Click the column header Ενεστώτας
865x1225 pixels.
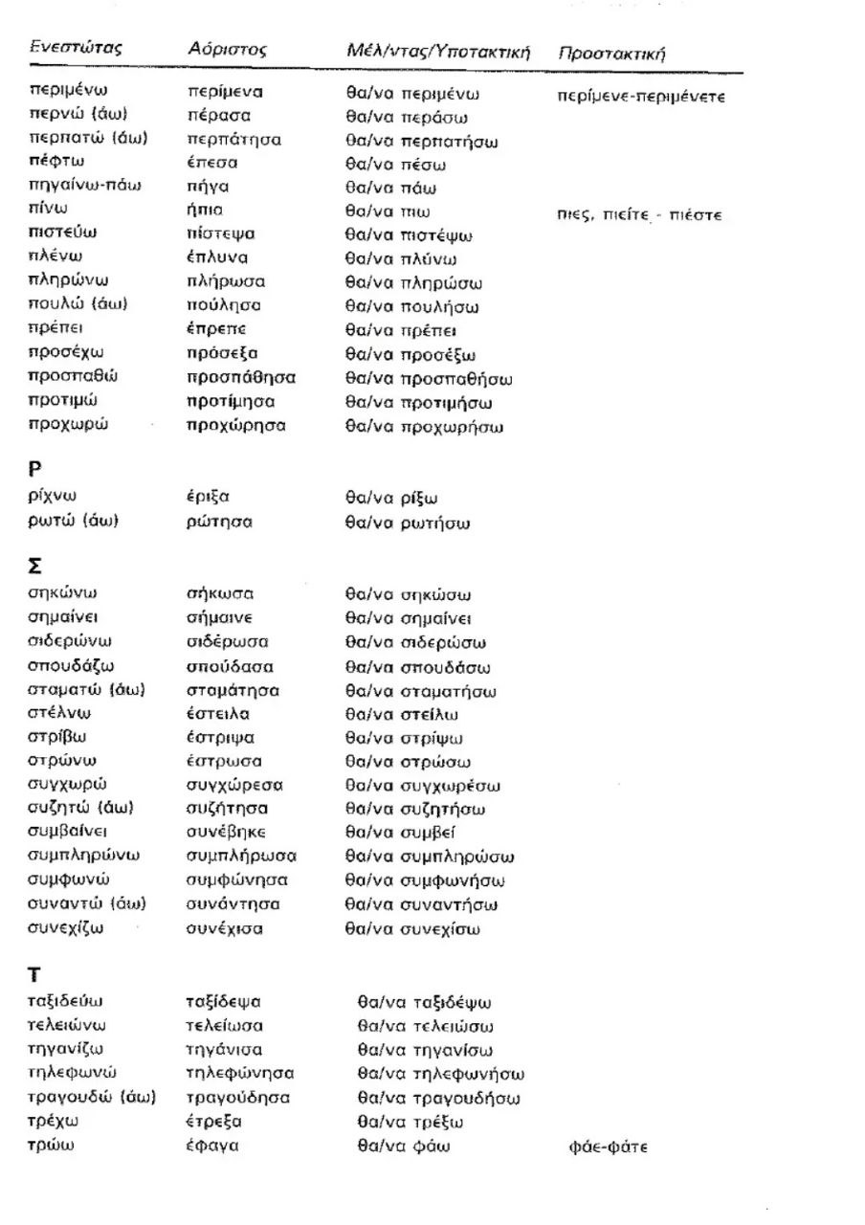(x=76, y=47)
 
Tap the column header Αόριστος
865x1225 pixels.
(x=227, y=49)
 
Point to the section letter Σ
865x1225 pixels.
(x=35, y=565)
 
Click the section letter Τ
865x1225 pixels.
(x=34, y=974)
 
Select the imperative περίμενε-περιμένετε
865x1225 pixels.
(x=640, y=97)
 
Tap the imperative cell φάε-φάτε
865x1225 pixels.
(x=608, y=1147)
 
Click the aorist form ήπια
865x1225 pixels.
(x=205, y=210)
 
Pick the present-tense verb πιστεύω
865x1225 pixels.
(x=63, y=233)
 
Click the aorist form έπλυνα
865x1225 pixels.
(x=217, y=256)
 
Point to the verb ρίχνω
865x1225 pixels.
(x=53, y=496)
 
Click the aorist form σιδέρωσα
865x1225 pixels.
(x=228, y=641)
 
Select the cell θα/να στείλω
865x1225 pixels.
(x=403, y=714)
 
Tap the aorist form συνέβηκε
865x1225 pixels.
(x=227, y=832)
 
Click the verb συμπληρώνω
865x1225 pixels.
(x=85, y=856)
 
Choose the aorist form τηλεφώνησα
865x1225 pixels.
(x=240, y=1073)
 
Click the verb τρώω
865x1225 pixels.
(x=51, y=1145)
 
